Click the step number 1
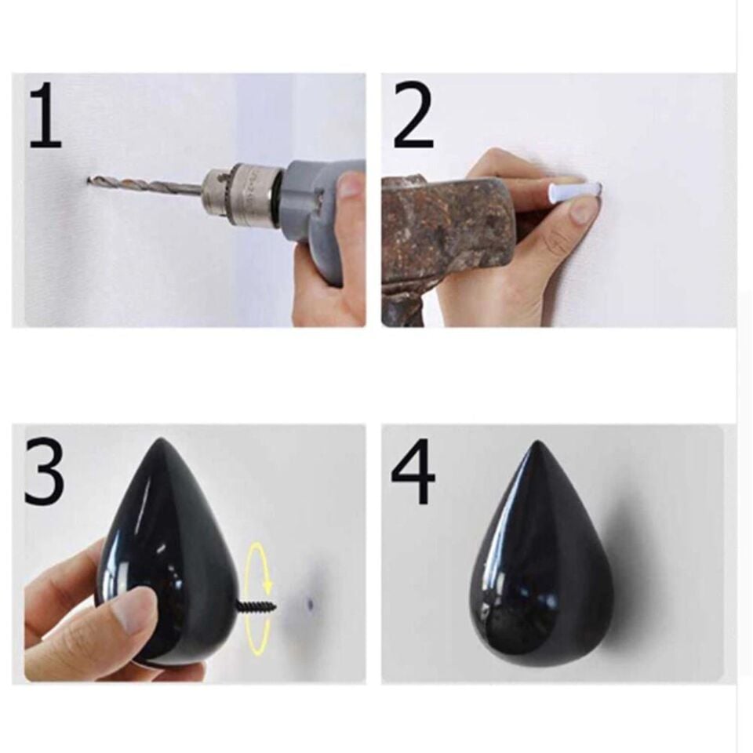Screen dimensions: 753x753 pyautogui.click(x=45, y=115)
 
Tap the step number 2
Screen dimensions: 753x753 pyautogui.click(x=413, y=115)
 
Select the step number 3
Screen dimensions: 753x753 pyautogui.click(x=44, y=470)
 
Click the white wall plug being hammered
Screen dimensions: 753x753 pyautogui.click(x=574, y=191)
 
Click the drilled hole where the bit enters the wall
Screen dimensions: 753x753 pyautogui.click(x=89, y=181)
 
